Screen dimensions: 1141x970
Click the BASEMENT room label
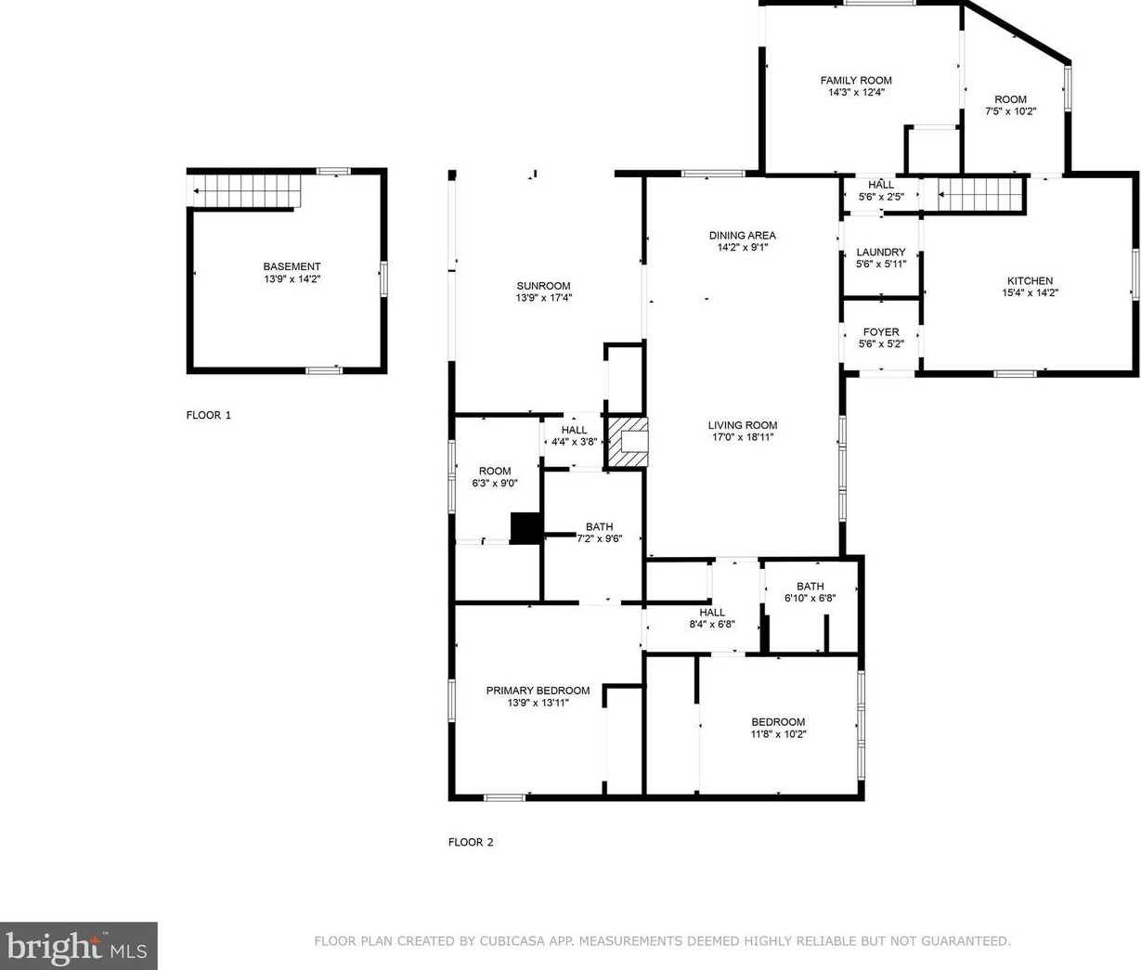point(292,266)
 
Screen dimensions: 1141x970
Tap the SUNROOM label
point(543,285)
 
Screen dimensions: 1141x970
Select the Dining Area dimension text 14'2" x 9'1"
point(743,247)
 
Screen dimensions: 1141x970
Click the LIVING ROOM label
point(743,425)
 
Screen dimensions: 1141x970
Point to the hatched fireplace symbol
point(628,443)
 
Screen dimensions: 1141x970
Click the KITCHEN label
point(1030,280)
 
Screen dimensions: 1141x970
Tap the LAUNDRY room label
point(881,252)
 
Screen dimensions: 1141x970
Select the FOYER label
point(881,331)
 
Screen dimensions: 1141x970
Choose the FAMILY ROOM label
point(856,80)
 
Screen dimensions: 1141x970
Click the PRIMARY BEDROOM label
point(538,690)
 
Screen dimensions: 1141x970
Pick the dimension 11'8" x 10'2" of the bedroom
point(778,734)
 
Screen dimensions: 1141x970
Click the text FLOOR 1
point(209,415)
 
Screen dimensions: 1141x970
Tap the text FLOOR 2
point(471,842)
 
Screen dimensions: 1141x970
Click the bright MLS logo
point(78,946)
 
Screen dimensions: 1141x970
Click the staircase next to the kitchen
point(973,194)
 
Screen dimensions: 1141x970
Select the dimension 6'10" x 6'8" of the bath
point(810,598)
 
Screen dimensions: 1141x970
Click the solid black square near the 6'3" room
point(526,528)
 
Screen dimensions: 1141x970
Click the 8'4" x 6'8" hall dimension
point(712,625)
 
